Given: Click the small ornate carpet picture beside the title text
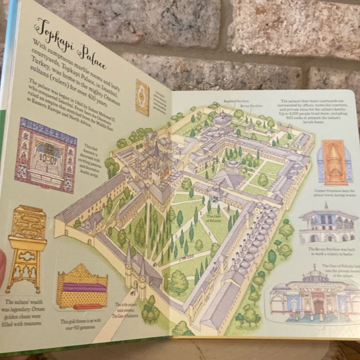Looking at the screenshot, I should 142,97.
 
